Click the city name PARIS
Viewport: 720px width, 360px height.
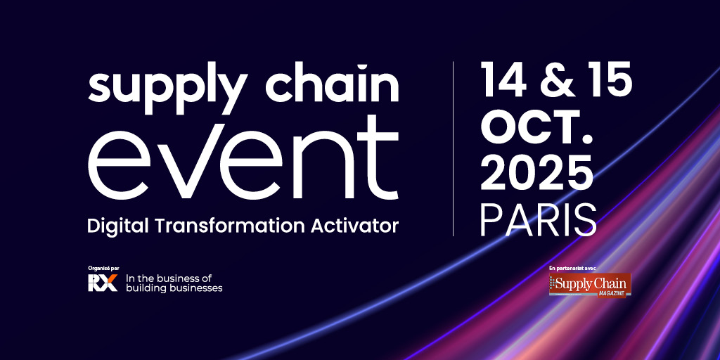click(x=539, y=221)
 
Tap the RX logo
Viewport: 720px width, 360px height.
click(x=102, y=283)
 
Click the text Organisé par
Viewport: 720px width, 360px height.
click(x=104, y=267)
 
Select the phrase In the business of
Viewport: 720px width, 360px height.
click(x=168, y=278)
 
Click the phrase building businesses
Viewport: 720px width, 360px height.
click(x=174, y=288)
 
